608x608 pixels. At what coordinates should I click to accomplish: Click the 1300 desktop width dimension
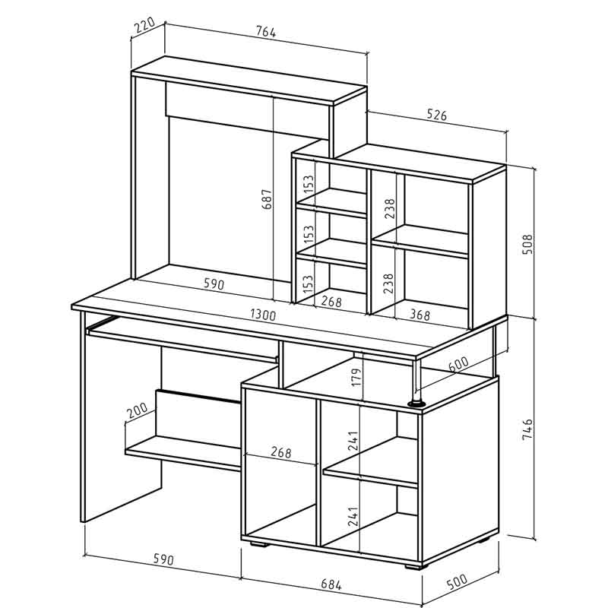coord(263,315)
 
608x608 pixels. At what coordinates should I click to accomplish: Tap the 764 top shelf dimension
coord(266,31)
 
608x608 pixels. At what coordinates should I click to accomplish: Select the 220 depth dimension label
coord(144,26)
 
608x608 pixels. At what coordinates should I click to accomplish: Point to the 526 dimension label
coord(436,115)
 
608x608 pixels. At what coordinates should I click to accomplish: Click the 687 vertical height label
coord(267,199)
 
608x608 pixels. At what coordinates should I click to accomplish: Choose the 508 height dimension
coord(527,244)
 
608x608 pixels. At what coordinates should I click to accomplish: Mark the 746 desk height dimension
coord(527,429)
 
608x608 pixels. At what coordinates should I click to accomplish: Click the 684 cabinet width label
coord(331,584)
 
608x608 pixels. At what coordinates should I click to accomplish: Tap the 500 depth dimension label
coord(457,581)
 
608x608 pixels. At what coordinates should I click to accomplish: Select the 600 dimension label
coord(458,364)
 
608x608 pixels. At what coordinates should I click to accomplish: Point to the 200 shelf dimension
coord(137,410)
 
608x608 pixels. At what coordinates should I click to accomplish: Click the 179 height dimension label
coord(356,376)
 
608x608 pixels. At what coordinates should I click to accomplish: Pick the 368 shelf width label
coord(420,315)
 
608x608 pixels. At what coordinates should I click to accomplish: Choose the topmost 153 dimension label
coord(309,184)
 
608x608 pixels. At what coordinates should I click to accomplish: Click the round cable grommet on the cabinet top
coord(416,404)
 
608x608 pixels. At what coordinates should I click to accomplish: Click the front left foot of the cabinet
coord(259,544)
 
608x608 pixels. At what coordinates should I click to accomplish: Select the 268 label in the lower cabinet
coord(280,452)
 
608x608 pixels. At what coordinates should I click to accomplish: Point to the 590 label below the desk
coord(163,559)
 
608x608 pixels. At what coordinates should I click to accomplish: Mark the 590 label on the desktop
coord(214,284)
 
